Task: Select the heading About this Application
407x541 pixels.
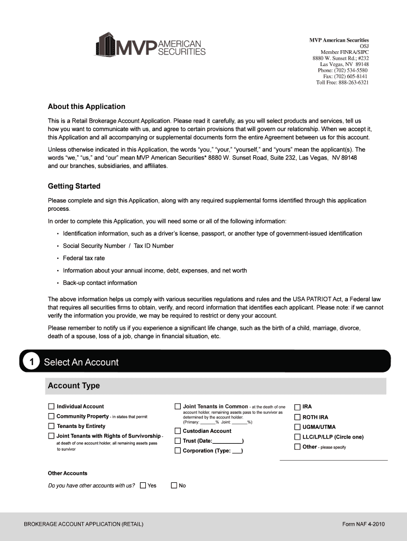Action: [x=86, y=107]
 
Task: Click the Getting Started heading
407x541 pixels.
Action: [x=74, y=186]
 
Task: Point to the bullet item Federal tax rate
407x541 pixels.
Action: [x=84, y=258]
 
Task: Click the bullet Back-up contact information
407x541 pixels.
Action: [x=100, y=283]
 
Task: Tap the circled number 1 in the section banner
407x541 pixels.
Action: [x=32, y=362]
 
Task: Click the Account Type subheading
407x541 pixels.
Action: [x=73, y=386]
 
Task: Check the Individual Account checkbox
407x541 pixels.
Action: [x=51, y=407]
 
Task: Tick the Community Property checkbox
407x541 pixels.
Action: [x=51, y=416]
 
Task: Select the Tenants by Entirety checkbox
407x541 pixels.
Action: [x=51, y=426]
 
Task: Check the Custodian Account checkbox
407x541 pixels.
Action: [x=178, y=431]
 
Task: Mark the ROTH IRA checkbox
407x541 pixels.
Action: [x=297, y=417]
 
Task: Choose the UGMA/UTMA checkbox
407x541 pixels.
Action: [x=297, y=427]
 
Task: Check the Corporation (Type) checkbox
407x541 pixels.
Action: [x=178, y=451]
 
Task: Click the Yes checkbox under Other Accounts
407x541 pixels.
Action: [x=143, y=486]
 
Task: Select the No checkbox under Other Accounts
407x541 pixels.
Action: [x=174, y=486]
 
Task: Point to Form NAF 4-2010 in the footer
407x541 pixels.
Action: [x=363, y=525]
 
